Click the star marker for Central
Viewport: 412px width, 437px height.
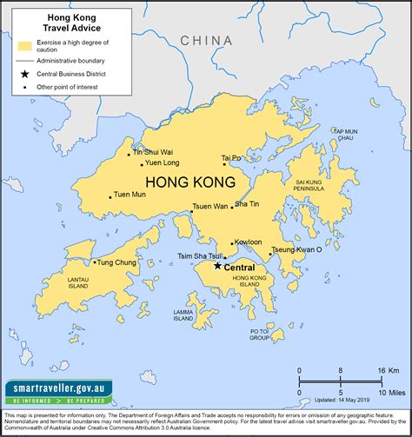click(x=217, y=266)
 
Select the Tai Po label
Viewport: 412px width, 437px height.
click(x=233, y=159)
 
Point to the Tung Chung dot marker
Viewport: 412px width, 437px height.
click(x=95, y=262)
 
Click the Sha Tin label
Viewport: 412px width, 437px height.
click(x=247, y=204)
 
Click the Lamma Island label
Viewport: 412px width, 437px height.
click(x=183, y=315)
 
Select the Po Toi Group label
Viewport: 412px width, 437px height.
click(x=260, y=334)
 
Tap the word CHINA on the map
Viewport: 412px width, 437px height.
click(x=206, y=41)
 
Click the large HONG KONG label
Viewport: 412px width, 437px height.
click(x=190, y=183)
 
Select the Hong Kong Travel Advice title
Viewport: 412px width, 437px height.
click(x=74, y=21)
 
